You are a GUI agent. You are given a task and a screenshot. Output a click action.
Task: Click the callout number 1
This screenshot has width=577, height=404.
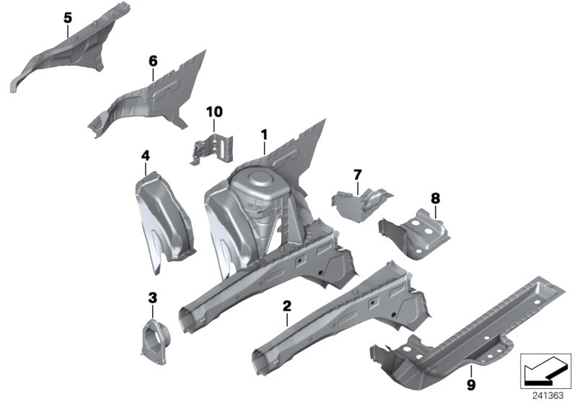264,134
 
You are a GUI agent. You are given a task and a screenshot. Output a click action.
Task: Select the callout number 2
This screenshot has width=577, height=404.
286,307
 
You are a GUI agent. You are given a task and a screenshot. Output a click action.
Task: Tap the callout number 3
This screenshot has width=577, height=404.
151,297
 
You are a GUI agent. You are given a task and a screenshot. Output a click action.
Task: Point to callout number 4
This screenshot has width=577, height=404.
145,155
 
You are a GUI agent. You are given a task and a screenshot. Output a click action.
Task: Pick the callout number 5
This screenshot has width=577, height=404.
68,17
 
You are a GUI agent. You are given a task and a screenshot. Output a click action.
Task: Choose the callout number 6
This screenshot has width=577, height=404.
152,61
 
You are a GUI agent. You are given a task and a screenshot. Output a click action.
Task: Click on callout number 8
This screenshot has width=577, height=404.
435,198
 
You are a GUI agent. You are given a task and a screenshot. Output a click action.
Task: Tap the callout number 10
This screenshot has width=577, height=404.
214,112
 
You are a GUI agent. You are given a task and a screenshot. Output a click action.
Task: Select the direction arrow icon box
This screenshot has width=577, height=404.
546,370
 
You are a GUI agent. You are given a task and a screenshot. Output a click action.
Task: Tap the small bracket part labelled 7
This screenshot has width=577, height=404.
361,197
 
